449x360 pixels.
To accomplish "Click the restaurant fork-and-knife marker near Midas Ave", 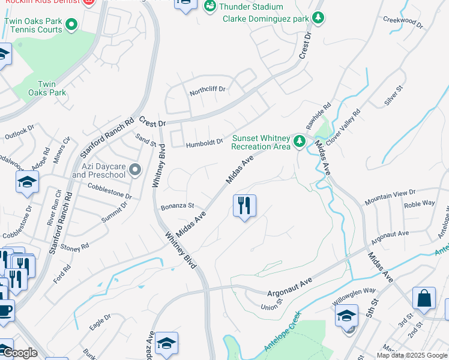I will (x=244, y=206).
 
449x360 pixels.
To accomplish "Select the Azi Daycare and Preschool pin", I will (x=135, y=170).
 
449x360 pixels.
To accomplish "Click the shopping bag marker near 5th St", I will (x=424, y=299).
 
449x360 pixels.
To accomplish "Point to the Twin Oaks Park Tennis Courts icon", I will (x=71, y=25).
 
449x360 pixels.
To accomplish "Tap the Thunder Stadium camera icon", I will (x=209, y=7).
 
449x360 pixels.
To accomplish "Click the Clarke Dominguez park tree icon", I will (x=318, y=19).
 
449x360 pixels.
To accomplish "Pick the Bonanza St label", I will (x=177, y=206).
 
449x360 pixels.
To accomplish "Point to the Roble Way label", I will (x=420, y=204).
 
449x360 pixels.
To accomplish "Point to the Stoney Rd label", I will (x=75, y=247).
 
